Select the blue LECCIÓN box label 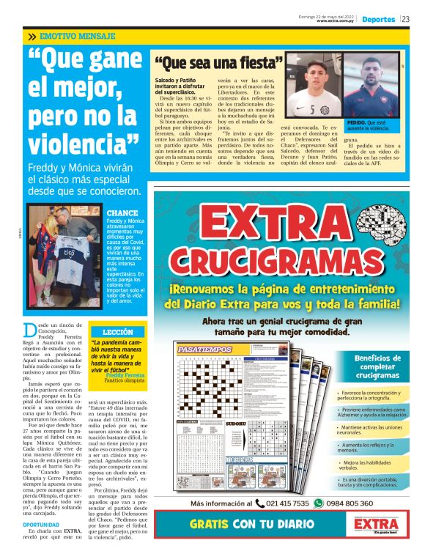tap(117, 332)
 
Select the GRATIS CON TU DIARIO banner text tap(252, 525)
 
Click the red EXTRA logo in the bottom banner tap(373, 525)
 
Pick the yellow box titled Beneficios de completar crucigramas tap(366, 366)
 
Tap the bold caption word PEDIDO tap(357, 122)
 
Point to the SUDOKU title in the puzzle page tap(235, 424)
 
